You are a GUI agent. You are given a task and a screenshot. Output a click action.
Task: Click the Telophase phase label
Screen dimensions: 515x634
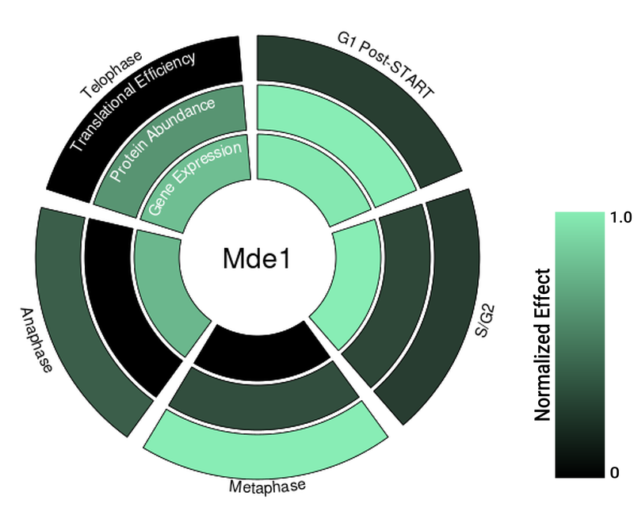coord(110,75)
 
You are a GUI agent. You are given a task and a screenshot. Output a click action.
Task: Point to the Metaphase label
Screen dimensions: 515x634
coord(267,485)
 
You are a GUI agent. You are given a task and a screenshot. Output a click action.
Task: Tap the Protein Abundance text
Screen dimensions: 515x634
coord(162,139)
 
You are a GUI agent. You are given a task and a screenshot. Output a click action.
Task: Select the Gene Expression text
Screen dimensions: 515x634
coord(195,178)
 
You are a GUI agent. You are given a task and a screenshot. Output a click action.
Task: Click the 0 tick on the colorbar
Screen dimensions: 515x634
coord(614,473)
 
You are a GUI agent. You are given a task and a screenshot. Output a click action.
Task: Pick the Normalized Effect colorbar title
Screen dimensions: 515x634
coord(543,345)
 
